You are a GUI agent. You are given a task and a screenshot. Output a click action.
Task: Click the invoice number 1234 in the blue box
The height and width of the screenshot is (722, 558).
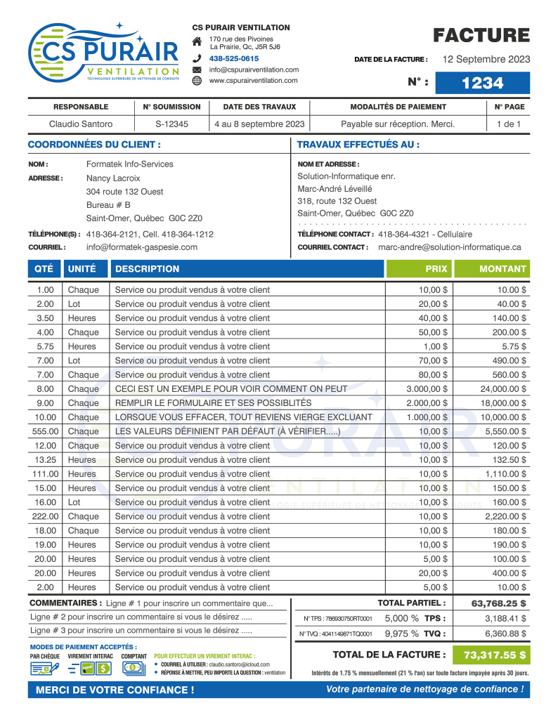(x=483, y=83)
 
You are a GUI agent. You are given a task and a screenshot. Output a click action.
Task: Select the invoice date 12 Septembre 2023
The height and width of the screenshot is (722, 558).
(x=486, y=59)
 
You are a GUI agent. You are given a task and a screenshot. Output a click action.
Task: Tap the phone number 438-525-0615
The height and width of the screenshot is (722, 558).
(x=234, y=58)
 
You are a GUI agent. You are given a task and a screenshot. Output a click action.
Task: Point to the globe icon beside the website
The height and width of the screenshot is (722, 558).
(x=197, y=81)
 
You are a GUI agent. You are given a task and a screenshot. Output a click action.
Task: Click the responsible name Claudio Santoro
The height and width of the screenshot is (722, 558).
(x=81, y=124)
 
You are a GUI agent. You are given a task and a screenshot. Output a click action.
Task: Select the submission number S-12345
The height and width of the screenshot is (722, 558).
(x=171, y=124)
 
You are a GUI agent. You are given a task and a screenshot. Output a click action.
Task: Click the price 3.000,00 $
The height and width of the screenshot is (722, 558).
(x=427, y=389)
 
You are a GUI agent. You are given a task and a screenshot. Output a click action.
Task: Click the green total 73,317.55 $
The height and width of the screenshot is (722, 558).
(x=495, y=655)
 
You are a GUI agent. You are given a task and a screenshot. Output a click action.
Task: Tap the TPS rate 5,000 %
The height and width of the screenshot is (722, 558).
(x=402, y=618)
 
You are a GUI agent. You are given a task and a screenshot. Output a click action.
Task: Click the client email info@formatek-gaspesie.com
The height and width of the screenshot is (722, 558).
(x=141, y=247)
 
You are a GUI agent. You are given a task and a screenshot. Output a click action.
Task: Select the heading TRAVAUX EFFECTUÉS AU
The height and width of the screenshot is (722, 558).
(x=358, y=145)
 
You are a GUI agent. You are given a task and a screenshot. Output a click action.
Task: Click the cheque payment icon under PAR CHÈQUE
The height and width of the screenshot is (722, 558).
(x=45, y=669)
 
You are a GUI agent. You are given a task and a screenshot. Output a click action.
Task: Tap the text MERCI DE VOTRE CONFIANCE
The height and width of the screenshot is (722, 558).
(x=115, y=690)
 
